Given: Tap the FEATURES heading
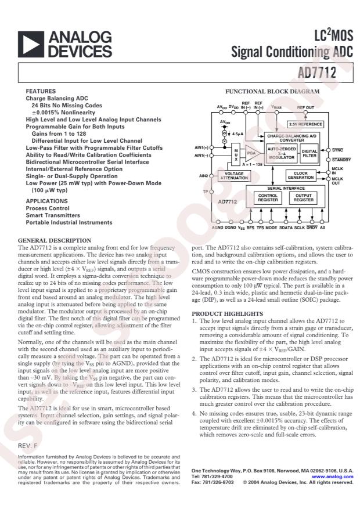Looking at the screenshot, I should [x=41, y=92].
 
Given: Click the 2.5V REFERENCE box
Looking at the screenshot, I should [x=305, y=124].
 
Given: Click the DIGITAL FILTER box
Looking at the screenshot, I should [x=309, y=154].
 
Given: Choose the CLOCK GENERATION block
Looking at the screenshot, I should [x=301, y=175].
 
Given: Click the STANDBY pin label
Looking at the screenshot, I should [x=341, y=158].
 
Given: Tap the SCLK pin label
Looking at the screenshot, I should [x=300, y=228].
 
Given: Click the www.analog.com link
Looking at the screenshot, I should [x=336, y=476].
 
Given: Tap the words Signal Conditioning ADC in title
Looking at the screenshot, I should [x=293, y=53].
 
